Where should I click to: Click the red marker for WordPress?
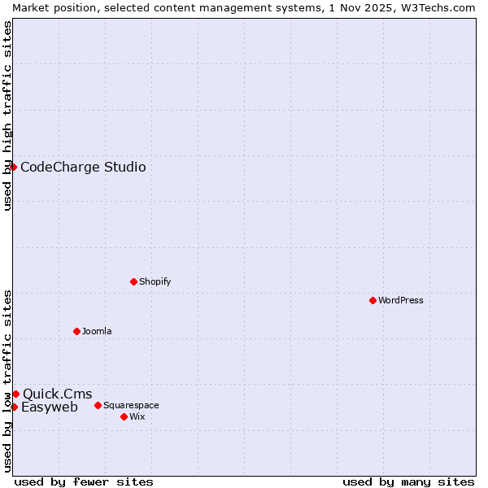coord(373,300)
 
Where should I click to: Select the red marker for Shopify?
coord(133,281)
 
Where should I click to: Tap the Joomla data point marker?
coord(76,331)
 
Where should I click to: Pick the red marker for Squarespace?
coord(98,405)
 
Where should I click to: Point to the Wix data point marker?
coord(124,416)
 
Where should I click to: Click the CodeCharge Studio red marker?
coord(13,167)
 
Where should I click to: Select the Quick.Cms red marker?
coord(15,394)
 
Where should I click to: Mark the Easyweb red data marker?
coord(14,407)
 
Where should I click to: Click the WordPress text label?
coord(401,300)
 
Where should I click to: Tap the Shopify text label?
coord(155,281)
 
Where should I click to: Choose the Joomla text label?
coord(97,331)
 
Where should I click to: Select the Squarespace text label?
coord(131,405)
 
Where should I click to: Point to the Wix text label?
coord(137,416)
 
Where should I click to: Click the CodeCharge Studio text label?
coord(83,168)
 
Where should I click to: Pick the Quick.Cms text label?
coord(57,394)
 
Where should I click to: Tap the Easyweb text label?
coord(50,407)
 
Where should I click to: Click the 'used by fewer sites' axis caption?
coord(84,481)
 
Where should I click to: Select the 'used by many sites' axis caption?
coord(408,481)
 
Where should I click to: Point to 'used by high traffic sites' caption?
coord(7,115)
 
